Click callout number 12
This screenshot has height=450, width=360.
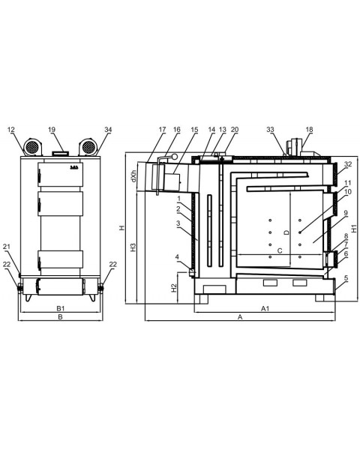(11, 130)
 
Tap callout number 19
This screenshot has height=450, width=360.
(52, 130)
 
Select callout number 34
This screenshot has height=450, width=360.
(108, 130)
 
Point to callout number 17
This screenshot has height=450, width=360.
(163, 130)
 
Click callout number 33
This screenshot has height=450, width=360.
(271, 130)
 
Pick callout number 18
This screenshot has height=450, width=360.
(309, 130)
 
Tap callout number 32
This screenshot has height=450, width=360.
(348, 164)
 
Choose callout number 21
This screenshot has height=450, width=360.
(7, 247)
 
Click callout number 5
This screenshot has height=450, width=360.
(346, 278)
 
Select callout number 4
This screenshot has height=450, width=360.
(177, 256)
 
